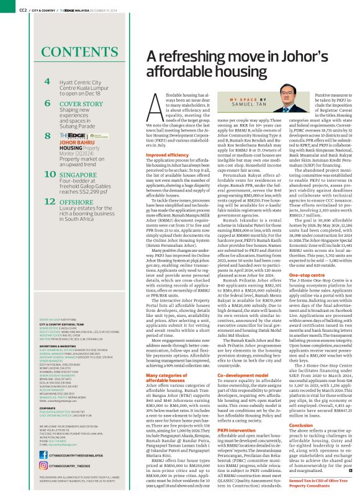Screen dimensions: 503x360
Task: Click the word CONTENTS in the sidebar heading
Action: click(x=71, y=53)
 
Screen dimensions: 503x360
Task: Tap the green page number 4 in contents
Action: click(x=48, y=81)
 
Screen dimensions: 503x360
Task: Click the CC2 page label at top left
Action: click(x=22, y=9)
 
